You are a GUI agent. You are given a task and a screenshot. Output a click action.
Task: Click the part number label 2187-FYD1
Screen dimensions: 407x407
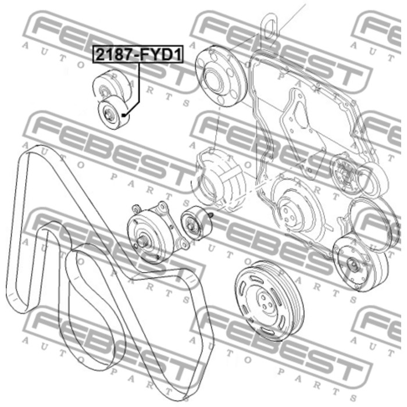click(x=138, y=55)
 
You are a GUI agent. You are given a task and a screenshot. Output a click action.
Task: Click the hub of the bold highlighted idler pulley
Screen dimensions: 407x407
click(x=108, y=113)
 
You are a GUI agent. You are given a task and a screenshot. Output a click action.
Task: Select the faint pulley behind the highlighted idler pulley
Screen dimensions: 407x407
click(x=111, y=84)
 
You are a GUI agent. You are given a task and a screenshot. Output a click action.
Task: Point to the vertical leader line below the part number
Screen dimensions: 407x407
click(x=138, y=83)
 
